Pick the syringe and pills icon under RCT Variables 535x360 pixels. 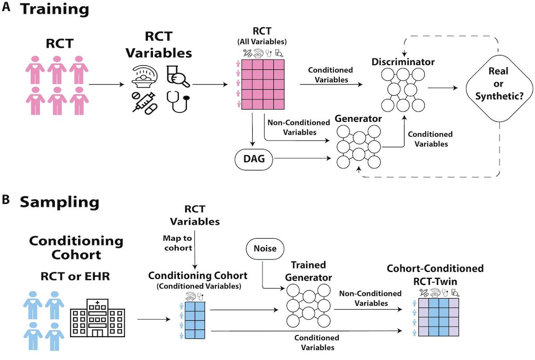click(x=144, y=102)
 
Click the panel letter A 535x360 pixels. click(x=6, y=8)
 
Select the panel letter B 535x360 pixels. click(x=6, y=201)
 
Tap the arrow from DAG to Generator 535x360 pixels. click(x=301, y=157)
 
